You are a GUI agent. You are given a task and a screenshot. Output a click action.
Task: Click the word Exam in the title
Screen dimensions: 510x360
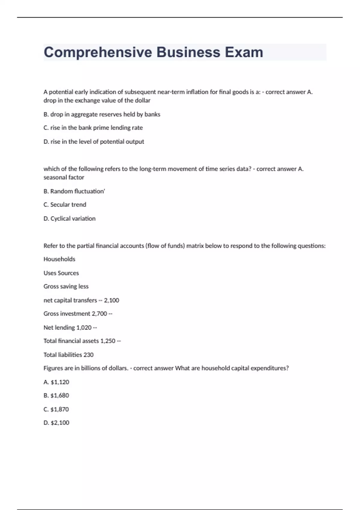click(244, 52)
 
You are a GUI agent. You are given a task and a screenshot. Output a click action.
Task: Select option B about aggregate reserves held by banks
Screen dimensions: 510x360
click(102, 114)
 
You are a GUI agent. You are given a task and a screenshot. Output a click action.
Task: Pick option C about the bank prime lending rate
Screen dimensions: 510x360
click(93, 128)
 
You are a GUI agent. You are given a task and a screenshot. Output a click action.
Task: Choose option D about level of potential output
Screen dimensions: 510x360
click(94, 142)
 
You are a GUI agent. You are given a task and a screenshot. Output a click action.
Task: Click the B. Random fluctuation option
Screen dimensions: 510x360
click(74, 191)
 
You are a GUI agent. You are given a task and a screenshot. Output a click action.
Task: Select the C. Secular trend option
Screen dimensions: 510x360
click(65, 205)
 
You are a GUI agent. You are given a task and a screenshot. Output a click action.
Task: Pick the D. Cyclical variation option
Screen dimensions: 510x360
click(69, 219)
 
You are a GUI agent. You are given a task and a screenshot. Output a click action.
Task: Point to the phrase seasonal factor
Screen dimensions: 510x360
click(64, 177)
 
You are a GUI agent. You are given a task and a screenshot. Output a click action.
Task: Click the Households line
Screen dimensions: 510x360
click(59, 259)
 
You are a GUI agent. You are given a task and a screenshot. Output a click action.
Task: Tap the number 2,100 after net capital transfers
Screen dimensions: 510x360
click(112, 300)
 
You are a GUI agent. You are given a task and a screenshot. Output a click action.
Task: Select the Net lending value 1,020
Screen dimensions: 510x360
click(84, 328)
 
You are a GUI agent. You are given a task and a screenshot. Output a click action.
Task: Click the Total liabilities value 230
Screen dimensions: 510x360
click(88, 355)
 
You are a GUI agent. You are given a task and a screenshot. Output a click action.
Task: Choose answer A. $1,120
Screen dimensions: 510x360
click(56, 382)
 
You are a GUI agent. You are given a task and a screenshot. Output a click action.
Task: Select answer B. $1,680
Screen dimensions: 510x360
click(56, 396)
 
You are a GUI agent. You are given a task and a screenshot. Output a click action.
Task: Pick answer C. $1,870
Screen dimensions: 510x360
click(56, 409)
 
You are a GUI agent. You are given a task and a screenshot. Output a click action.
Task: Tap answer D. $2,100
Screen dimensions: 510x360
click(56, 423)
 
